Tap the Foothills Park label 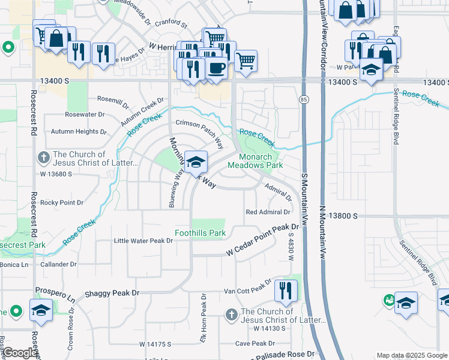point(200,233)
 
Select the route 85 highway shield point(305,99)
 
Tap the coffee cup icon point(215,68)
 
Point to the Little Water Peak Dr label point(143,241)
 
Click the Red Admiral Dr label point(268,212)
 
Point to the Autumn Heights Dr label point(79,131)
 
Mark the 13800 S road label point(343,215)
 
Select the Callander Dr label point(59,264)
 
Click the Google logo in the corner point(20,353)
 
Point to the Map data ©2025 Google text point(411,355)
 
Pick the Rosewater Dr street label point(85,114)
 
